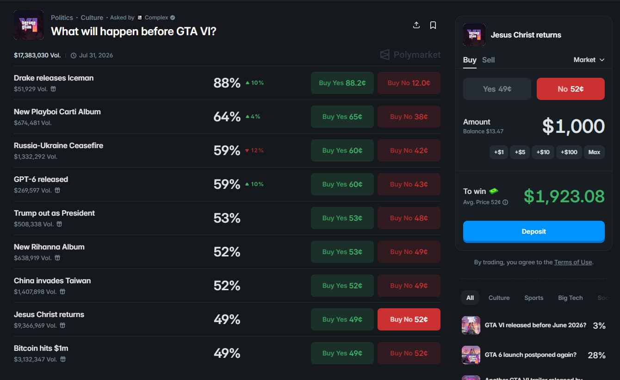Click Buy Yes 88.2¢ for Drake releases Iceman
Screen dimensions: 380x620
[342, 83]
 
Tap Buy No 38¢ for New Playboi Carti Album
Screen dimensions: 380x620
[409, 117]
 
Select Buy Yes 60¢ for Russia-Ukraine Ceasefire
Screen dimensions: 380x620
[342, 150]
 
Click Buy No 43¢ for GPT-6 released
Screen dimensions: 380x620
[409, 184]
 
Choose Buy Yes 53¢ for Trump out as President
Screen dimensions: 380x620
[342, 218]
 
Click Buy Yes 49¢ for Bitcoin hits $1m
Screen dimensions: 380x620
[342, 353]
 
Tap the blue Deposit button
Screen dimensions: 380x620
[533, 231]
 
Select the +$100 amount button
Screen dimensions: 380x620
[569, 152]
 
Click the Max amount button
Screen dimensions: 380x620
[594, 152]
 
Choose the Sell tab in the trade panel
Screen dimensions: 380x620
[488, 60]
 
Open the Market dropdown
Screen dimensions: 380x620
[589, 60]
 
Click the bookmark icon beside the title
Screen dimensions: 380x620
[433, 25]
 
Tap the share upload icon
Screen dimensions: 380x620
[416, 25]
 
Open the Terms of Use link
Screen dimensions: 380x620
[573, 262]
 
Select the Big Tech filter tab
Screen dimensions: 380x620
[570, 298]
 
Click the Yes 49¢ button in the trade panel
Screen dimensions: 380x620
[497, 89]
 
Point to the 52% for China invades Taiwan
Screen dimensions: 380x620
[227, 286]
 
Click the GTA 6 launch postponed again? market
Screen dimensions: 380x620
[530, 355]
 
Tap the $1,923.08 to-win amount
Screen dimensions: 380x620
[564, 196]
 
